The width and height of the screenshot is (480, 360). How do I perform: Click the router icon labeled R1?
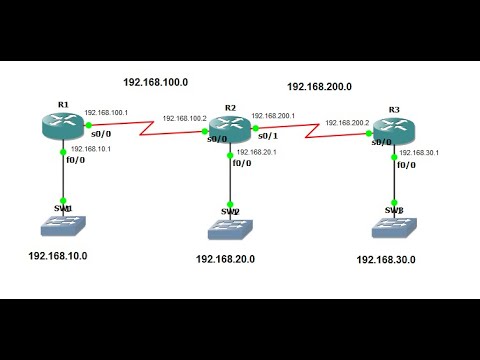[64, 125]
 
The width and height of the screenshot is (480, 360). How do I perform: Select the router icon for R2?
[229, 128]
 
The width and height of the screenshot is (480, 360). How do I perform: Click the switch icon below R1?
[63, 226]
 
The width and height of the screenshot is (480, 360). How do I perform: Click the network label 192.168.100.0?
[156, 82]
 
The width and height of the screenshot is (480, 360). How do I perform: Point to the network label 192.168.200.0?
[319, 87]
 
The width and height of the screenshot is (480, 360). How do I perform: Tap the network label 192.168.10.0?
[57, 256]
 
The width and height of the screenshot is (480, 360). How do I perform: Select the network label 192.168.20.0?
[225, 260]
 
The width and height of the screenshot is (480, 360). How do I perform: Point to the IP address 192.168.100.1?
[105, 113]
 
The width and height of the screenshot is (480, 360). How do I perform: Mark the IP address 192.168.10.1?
[90, 148]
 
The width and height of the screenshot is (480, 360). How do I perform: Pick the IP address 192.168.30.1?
[420, 153]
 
